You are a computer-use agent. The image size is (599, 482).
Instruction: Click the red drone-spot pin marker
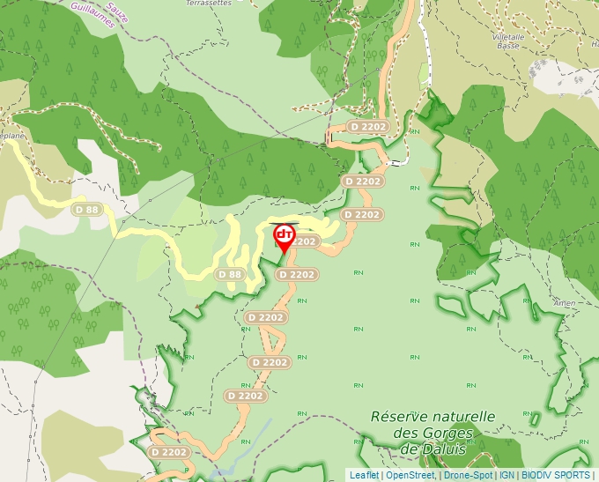(x=285, y=236)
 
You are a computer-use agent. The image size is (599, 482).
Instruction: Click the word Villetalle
(x=509, y=36)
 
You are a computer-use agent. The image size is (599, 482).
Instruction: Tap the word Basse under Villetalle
(x=508, y=45)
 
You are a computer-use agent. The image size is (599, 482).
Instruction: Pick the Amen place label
(x=565, y=302)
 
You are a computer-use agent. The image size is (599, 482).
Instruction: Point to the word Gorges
(x=448, y=433)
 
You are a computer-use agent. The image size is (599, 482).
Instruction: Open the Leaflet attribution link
(x=364, y=475)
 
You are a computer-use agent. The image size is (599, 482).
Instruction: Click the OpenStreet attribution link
(x=410, y=475)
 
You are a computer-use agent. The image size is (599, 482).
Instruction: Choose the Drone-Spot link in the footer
(x=468, y=475)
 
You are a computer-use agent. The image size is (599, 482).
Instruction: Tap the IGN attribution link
(x=507, y=475)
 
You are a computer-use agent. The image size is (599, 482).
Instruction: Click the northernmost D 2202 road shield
(x=368, y=127)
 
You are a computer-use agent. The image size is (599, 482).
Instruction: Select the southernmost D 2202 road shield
(x=168, y=452)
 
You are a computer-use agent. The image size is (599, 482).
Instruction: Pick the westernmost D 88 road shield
(x=86, y=210)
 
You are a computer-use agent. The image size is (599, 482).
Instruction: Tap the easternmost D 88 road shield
(x=229, y=274)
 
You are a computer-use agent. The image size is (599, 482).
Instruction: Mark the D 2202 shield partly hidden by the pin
(x=302, y=241)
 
